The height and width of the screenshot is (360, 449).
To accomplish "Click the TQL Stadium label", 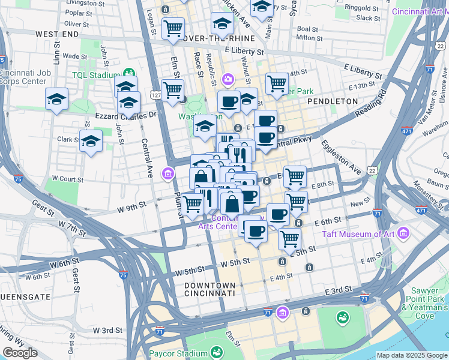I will [97, 75].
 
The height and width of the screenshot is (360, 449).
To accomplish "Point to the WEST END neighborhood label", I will [57, 35].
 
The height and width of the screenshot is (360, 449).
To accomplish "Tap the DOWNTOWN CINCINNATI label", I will [209, 289].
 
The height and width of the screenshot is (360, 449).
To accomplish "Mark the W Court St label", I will [67, 179].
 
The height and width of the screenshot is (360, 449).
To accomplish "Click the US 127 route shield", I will [155, 96].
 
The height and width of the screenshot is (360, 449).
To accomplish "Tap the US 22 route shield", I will [373, 172].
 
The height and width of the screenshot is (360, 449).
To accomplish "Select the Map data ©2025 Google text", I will [411, 355].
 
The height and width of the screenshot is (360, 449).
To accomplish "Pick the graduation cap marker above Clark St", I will [91, 141].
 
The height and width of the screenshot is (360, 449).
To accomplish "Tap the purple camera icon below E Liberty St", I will [228, 79].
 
